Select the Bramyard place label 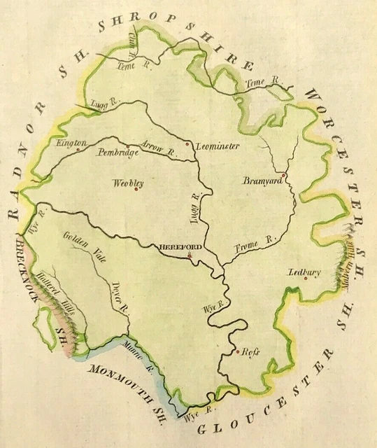[262, 181]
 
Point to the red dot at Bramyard [283, 175]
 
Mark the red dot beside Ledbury [315, 278]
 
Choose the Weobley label [128, 183]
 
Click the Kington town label [72, 143]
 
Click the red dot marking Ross [239, 351]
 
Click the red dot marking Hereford [190, 256]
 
